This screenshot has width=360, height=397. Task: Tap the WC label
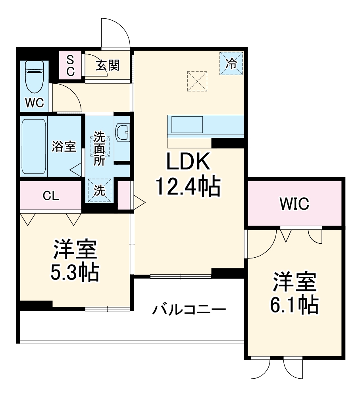[35, 102]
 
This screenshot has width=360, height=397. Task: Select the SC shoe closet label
[70, 66]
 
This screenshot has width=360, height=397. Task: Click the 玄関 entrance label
[107, 65]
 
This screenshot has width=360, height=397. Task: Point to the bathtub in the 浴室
[34, 146]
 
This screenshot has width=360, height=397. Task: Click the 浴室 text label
[64, 146]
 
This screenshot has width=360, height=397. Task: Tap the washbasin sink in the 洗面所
[123, 131]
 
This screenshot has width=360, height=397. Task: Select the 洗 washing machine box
[100, 191]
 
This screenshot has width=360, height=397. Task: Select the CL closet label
[51, 195]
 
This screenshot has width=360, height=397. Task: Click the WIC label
[294, 204]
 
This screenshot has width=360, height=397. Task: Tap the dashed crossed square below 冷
[197, 81]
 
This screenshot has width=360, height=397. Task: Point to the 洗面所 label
[99, 148]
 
